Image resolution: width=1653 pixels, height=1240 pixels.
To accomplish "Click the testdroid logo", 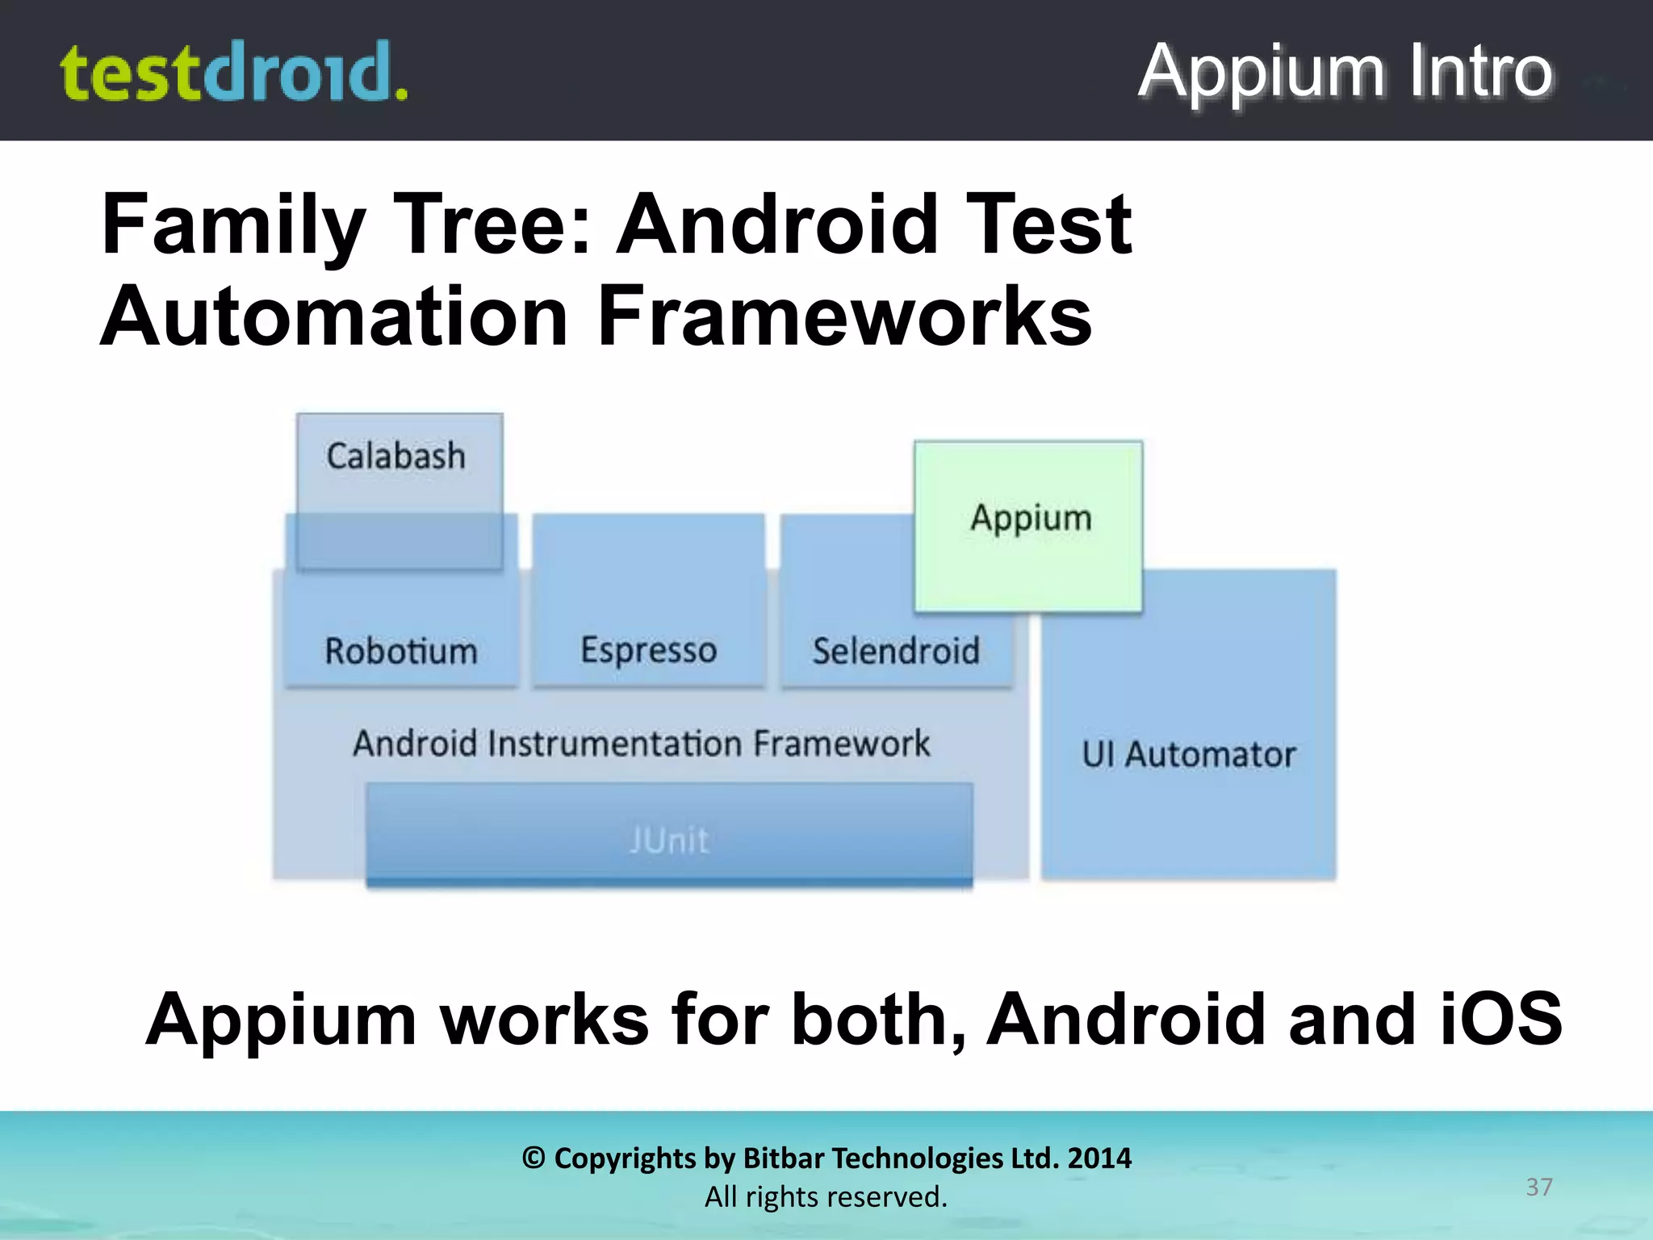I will [234, 73].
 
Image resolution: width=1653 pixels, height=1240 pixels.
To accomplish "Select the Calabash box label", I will [395, 456].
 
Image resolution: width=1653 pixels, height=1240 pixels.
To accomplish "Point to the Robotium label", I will [401, 651].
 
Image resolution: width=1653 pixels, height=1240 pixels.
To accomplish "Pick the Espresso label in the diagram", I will [648, 651].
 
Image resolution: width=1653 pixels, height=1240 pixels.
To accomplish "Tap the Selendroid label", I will [896, 651].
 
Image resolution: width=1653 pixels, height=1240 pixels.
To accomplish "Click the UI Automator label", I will [1188, 755].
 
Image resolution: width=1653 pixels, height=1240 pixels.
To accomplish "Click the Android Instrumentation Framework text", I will [642, 744].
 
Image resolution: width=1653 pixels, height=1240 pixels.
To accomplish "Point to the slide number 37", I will [1538, 1187].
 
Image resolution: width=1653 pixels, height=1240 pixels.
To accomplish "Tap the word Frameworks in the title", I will [844, 316].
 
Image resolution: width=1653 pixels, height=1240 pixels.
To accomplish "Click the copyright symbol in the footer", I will [534, 1158].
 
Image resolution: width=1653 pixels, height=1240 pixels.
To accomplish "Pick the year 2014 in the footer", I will [1099, 1158].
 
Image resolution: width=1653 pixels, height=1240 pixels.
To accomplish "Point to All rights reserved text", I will [826, 1196].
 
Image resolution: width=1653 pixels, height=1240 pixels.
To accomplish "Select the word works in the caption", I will [545, 1019].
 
